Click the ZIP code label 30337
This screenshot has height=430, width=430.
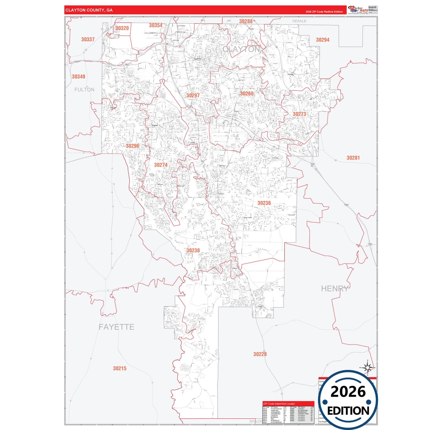[x=88, y=39]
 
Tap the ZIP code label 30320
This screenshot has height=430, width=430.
[x=122, y=28]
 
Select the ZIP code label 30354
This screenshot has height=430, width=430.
[x=156, y=26]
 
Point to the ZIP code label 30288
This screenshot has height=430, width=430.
[x=246, y=21]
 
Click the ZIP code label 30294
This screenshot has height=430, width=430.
[x=323, y=40]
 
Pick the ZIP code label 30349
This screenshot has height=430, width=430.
[x=79, y=76]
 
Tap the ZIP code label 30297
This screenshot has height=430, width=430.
[x=193, y=96]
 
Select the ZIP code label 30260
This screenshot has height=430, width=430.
[x=247, y=94]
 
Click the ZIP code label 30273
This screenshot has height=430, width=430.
[x=299, y=114]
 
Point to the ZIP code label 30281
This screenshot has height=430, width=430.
[x=353, y=158]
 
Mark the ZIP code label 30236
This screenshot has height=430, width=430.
[x=264, y=203]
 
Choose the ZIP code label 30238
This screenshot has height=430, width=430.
[x=193, y=251]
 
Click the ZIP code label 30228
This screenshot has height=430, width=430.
[x=260, y=354]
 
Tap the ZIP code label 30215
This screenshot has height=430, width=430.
[x=120, y=368]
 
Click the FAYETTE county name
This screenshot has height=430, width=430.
[x=116, y=327]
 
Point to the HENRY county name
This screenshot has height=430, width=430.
[x=335, y=289]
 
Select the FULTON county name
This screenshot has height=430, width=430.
[x=84, y=90]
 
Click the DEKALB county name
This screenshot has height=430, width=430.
[x=299, y=21]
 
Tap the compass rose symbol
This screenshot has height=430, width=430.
[x=368, y=368]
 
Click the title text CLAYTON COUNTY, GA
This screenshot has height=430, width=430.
[x=89, y=10]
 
